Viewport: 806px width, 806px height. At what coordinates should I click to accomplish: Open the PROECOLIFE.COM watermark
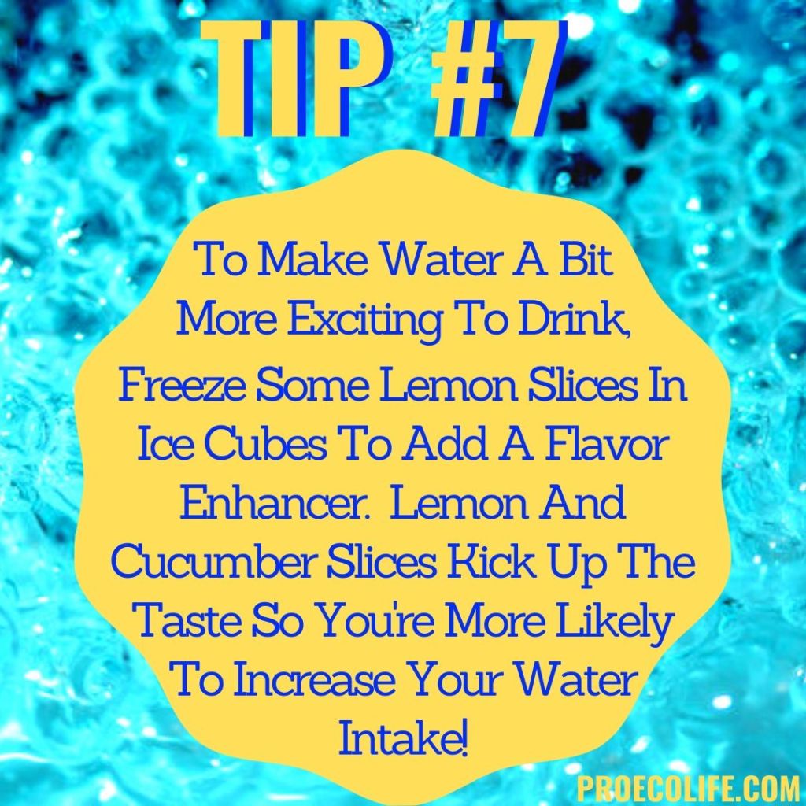coord(688,786)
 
